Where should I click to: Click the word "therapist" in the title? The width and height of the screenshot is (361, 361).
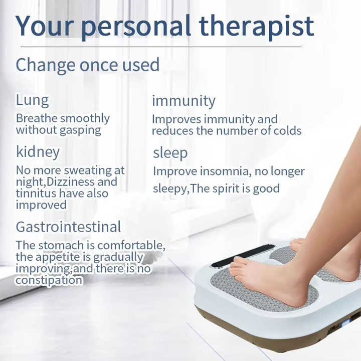tap(256, 27)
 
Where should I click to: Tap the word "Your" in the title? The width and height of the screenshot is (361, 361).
tap(45, 26)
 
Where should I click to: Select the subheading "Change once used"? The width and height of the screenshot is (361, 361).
tap(87, 65)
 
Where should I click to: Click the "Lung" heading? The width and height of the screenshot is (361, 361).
tap(32, 101)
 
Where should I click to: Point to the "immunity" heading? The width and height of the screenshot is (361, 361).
tap(184, 101)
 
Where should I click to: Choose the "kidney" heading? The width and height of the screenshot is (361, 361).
tap(38, 152)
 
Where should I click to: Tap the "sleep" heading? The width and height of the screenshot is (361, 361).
tap(170, 153)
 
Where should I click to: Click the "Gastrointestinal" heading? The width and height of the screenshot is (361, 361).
tap(68, 227)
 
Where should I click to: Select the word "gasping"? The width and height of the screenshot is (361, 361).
tap(80, 130)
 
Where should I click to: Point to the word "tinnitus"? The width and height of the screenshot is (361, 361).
tap(36, 193)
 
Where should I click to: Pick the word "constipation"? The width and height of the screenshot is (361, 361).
tap(49, 280)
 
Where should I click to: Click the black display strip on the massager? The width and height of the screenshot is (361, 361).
tap(243, 255)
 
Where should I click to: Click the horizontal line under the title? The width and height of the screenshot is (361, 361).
tap(161, 47)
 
